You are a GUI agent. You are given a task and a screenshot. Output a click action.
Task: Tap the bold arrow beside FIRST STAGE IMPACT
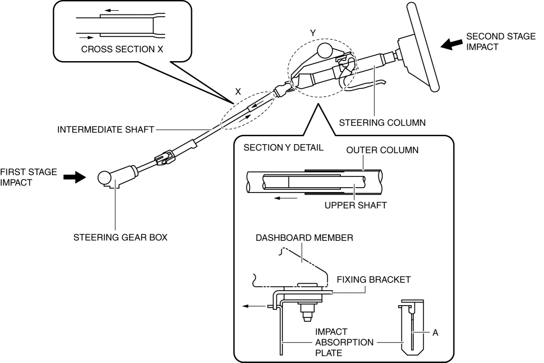click(x=74, y=177)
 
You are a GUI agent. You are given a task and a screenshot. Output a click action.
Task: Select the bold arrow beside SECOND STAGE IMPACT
click(x=451, y=46)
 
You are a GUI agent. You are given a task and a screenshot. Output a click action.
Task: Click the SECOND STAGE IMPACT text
click(x=501, y=41)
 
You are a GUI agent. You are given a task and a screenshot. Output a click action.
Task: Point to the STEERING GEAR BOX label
click(x=120, y=238)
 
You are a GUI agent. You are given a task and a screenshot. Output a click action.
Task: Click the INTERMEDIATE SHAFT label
click(x=106, y=129)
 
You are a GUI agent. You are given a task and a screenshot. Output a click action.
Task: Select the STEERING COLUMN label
click(x=382, y=123)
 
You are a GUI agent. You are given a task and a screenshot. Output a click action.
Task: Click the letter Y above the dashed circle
click(x=314, y=33)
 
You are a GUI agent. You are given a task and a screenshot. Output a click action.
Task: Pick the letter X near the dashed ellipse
click(x=239, y=92)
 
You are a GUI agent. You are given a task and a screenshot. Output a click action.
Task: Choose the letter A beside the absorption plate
click(x=435, y=333)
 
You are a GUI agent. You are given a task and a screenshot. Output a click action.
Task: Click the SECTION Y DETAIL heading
click(x=283, y=147)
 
